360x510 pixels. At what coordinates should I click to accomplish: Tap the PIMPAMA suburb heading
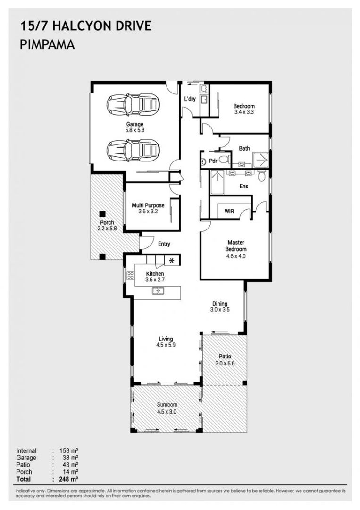click(x=48, y=45)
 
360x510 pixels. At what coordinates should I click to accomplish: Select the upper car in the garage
click(x=133, y=104)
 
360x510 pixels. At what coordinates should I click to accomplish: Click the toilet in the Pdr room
click(x=225, y=161)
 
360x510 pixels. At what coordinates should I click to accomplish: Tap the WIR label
click(x=230, y=212)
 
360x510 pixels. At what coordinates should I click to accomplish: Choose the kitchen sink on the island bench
click(x=158, y=291)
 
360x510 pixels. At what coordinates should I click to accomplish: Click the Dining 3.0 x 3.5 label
click(x=219, y=307)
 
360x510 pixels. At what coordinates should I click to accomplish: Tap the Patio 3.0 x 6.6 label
click(x=225, y=359)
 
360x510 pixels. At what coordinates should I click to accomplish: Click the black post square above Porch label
click(x=102, y=213)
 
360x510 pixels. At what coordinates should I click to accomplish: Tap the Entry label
click(x=164, y=244)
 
